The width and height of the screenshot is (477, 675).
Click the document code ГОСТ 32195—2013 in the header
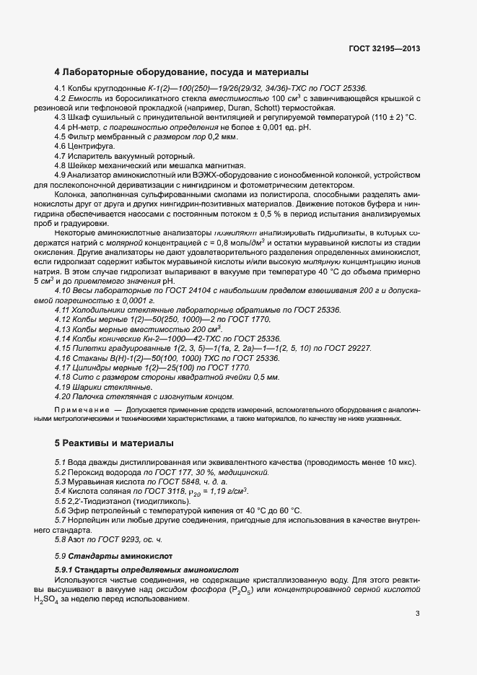point(383,49)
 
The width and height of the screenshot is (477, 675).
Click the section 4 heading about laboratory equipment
point(182,72)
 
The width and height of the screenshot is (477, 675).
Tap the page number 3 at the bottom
point(418,614)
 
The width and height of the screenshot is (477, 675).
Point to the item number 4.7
point(60,155)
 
